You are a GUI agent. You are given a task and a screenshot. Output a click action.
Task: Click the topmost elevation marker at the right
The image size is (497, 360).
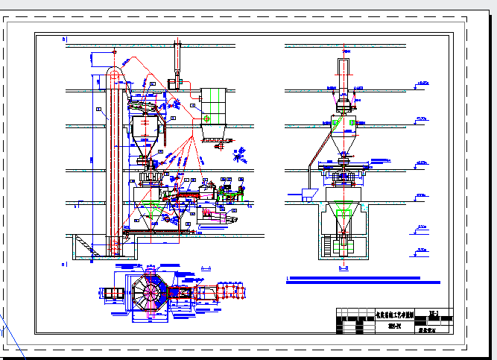point(425,83)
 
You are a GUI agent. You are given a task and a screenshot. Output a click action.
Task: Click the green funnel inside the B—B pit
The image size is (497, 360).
point(344,218)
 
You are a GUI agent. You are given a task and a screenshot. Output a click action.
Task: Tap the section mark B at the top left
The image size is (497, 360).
point(64,38)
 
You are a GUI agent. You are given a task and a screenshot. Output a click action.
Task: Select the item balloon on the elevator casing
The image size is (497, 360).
point(99,110)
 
